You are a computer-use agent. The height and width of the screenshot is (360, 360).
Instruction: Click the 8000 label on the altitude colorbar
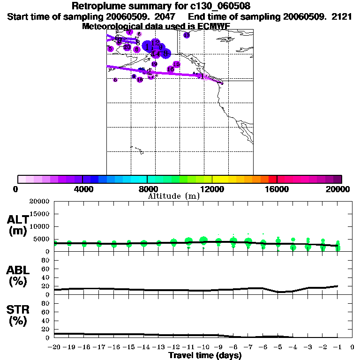coord(147,189)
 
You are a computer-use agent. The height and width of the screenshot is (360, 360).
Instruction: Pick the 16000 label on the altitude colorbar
coord(277,189)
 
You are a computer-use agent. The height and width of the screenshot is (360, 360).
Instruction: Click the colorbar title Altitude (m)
coord(173,196)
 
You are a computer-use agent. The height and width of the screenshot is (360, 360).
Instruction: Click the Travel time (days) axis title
coord(205,356)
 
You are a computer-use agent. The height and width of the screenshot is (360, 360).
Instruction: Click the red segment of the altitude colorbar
coord(273,179)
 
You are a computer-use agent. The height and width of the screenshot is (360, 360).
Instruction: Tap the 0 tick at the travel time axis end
coord(352,347)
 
